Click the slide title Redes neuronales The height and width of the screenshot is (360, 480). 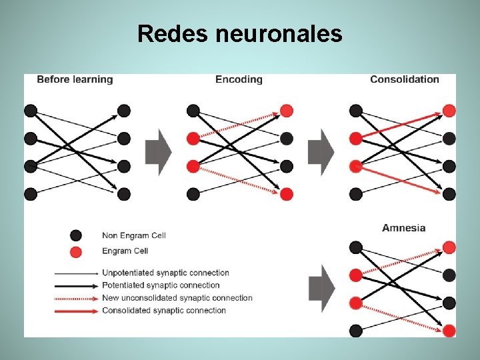239,33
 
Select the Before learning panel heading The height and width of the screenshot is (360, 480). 75,79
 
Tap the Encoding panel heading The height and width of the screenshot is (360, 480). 239,79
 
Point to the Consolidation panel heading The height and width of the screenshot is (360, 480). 405,79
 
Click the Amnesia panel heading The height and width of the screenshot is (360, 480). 403,228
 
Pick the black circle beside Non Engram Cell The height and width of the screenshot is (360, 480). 76,235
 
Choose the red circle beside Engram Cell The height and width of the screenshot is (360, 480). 76,251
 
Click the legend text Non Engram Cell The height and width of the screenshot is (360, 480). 133,235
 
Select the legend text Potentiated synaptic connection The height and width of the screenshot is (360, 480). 161,285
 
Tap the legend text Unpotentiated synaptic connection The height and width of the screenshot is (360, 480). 165,273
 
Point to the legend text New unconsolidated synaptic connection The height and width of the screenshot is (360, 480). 177,298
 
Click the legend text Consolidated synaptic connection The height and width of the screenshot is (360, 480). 163,310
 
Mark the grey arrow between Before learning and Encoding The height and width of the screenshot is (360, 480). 158,152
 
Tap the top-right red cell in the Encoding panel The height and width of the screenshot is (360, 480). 287,111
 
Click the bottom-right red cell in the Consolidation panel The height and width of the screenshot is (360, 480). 449,194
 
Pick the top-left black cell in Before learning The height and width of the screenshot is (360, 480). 31,111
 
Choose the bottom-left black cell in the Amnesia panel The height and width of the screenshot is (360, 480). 356,331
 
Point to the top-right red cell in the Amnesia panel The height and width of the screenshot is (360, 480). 449,247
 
